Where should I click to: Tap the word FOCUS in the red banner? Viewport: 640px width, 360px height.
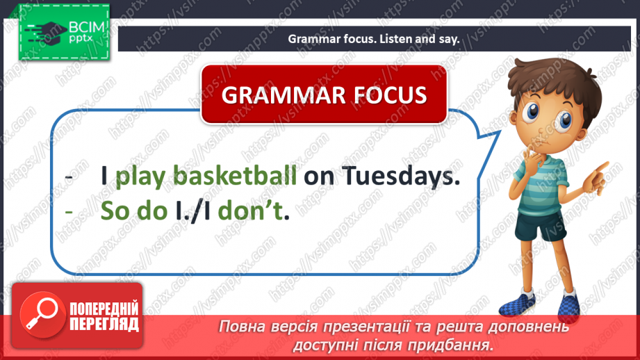click(391, 95)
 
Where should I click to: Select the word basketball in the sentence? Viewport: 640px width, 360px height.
click(235, 176)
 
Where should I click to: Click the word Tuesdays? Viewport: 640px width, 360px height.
click(401, 176)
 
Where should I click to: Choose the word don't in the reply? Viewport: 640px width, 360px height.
click(250, 211)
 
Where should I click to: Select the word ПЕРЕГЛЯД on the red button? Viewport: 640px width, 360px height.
click(104, 324)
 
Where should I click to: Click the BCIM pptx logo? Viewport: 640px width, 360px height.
click(64, 32)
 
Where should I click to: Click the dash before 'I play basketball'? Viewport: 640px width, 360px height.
click(69, 177)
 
